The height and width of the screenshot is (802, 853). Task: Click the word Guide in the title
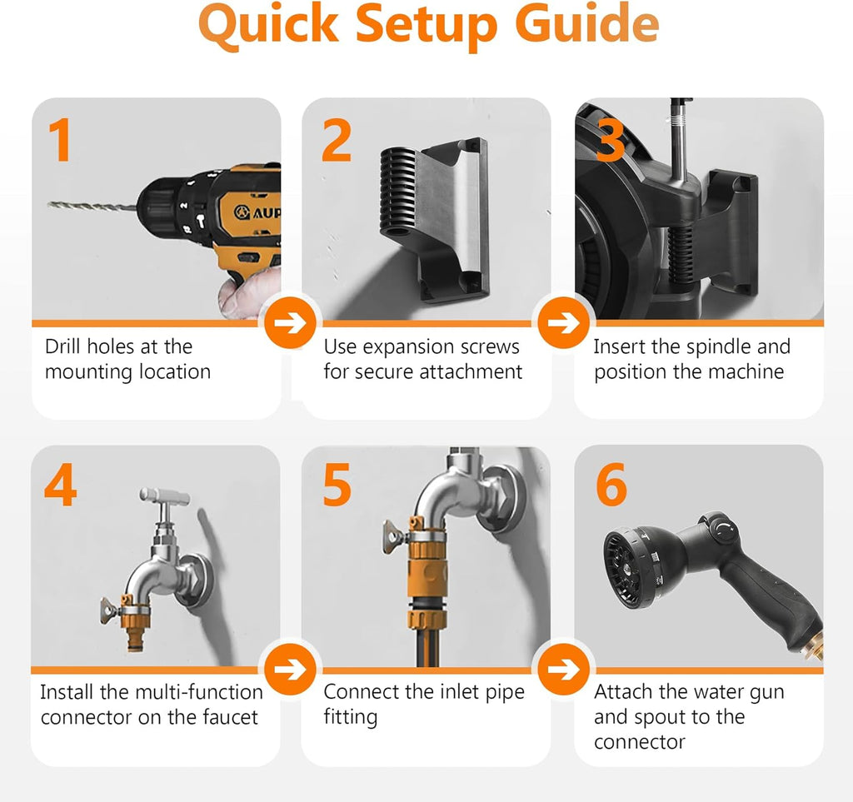(x=587, y=24)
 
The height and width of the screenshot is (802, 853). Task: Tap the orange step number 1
(x=61, y=140)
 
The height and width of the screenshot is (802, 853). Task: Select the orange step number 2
(x=337, y=140)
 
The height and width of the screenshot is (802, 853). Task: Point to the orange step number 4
(x=60, y=486)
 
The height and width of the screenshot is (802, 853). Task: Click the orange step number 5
(x=337, y=486)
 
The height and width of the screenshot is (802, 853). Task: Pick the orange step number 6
(x=611, y=486)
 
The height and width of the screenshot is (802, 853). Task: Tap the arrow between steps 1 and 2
(x=291, y=323)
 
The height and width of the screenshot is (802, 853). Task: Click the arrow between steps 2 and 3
(x=564, y=323)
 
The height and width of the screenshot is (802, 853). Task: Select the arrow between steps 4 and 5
(x=291, y=670)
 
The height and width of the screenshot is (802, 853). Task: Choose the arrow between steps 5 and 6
(x=564, y=670)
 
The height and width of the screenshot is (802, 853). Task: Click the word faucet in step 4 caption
(x=230, y=717)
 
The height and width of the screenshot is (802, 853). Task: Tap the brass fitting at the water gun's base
(x=815, y=648)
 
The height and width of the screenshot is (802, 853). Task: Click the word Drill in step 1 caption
(x=63, y=346)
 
